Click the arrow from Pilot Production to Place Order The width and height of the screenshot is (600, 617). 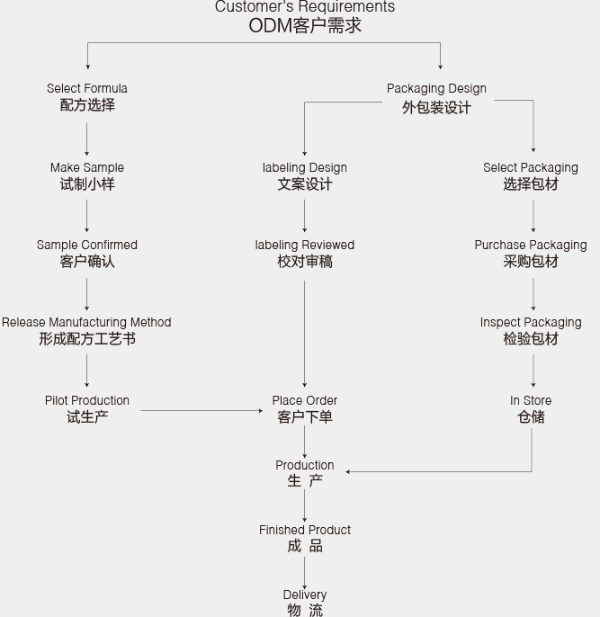[201, 410]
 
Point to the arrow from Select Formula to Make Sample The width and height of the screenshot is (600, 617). [87, 139]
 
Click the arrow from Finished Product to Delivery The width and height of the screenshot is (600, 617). [305, 573]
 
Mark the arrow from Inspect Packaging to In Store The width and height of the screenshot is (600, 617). [533, 371]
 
